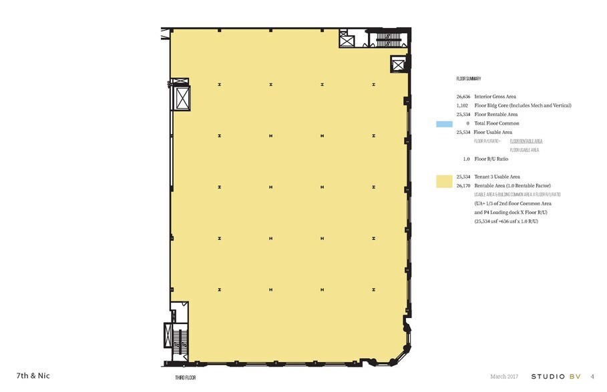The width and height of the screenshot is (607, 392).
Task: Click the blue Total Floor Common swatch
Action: (444, 124)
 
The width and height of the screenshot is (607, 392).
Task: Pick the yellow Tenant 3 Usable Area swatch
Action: (444, 181)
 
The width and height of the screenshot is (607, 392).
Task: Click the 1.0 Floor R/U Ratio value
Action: (466, 159)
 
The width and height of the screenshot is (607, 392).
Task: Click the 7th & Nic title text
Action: (33, 375)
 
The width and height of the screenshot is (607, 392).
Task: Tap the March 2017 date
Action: (505, 376)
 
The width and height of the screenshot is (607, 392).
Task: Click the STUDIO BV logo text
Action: (556, 376)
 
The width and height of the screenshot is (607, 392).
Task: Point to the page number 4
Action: (592, 376)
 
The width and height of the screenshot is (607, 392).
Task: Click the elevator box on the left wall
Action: (182, 99)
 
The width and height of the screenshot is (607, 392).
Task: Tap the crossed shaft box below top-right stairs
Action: (399, 65)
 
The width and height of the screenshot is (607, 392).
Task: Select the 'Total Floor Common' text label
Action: (496, 123)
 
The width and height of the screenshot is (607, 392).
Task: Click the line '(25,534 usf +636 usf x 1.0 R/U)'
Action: (506, 221)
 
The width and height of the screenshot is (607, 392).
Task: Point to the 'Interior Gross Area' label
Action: (495, 97)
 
